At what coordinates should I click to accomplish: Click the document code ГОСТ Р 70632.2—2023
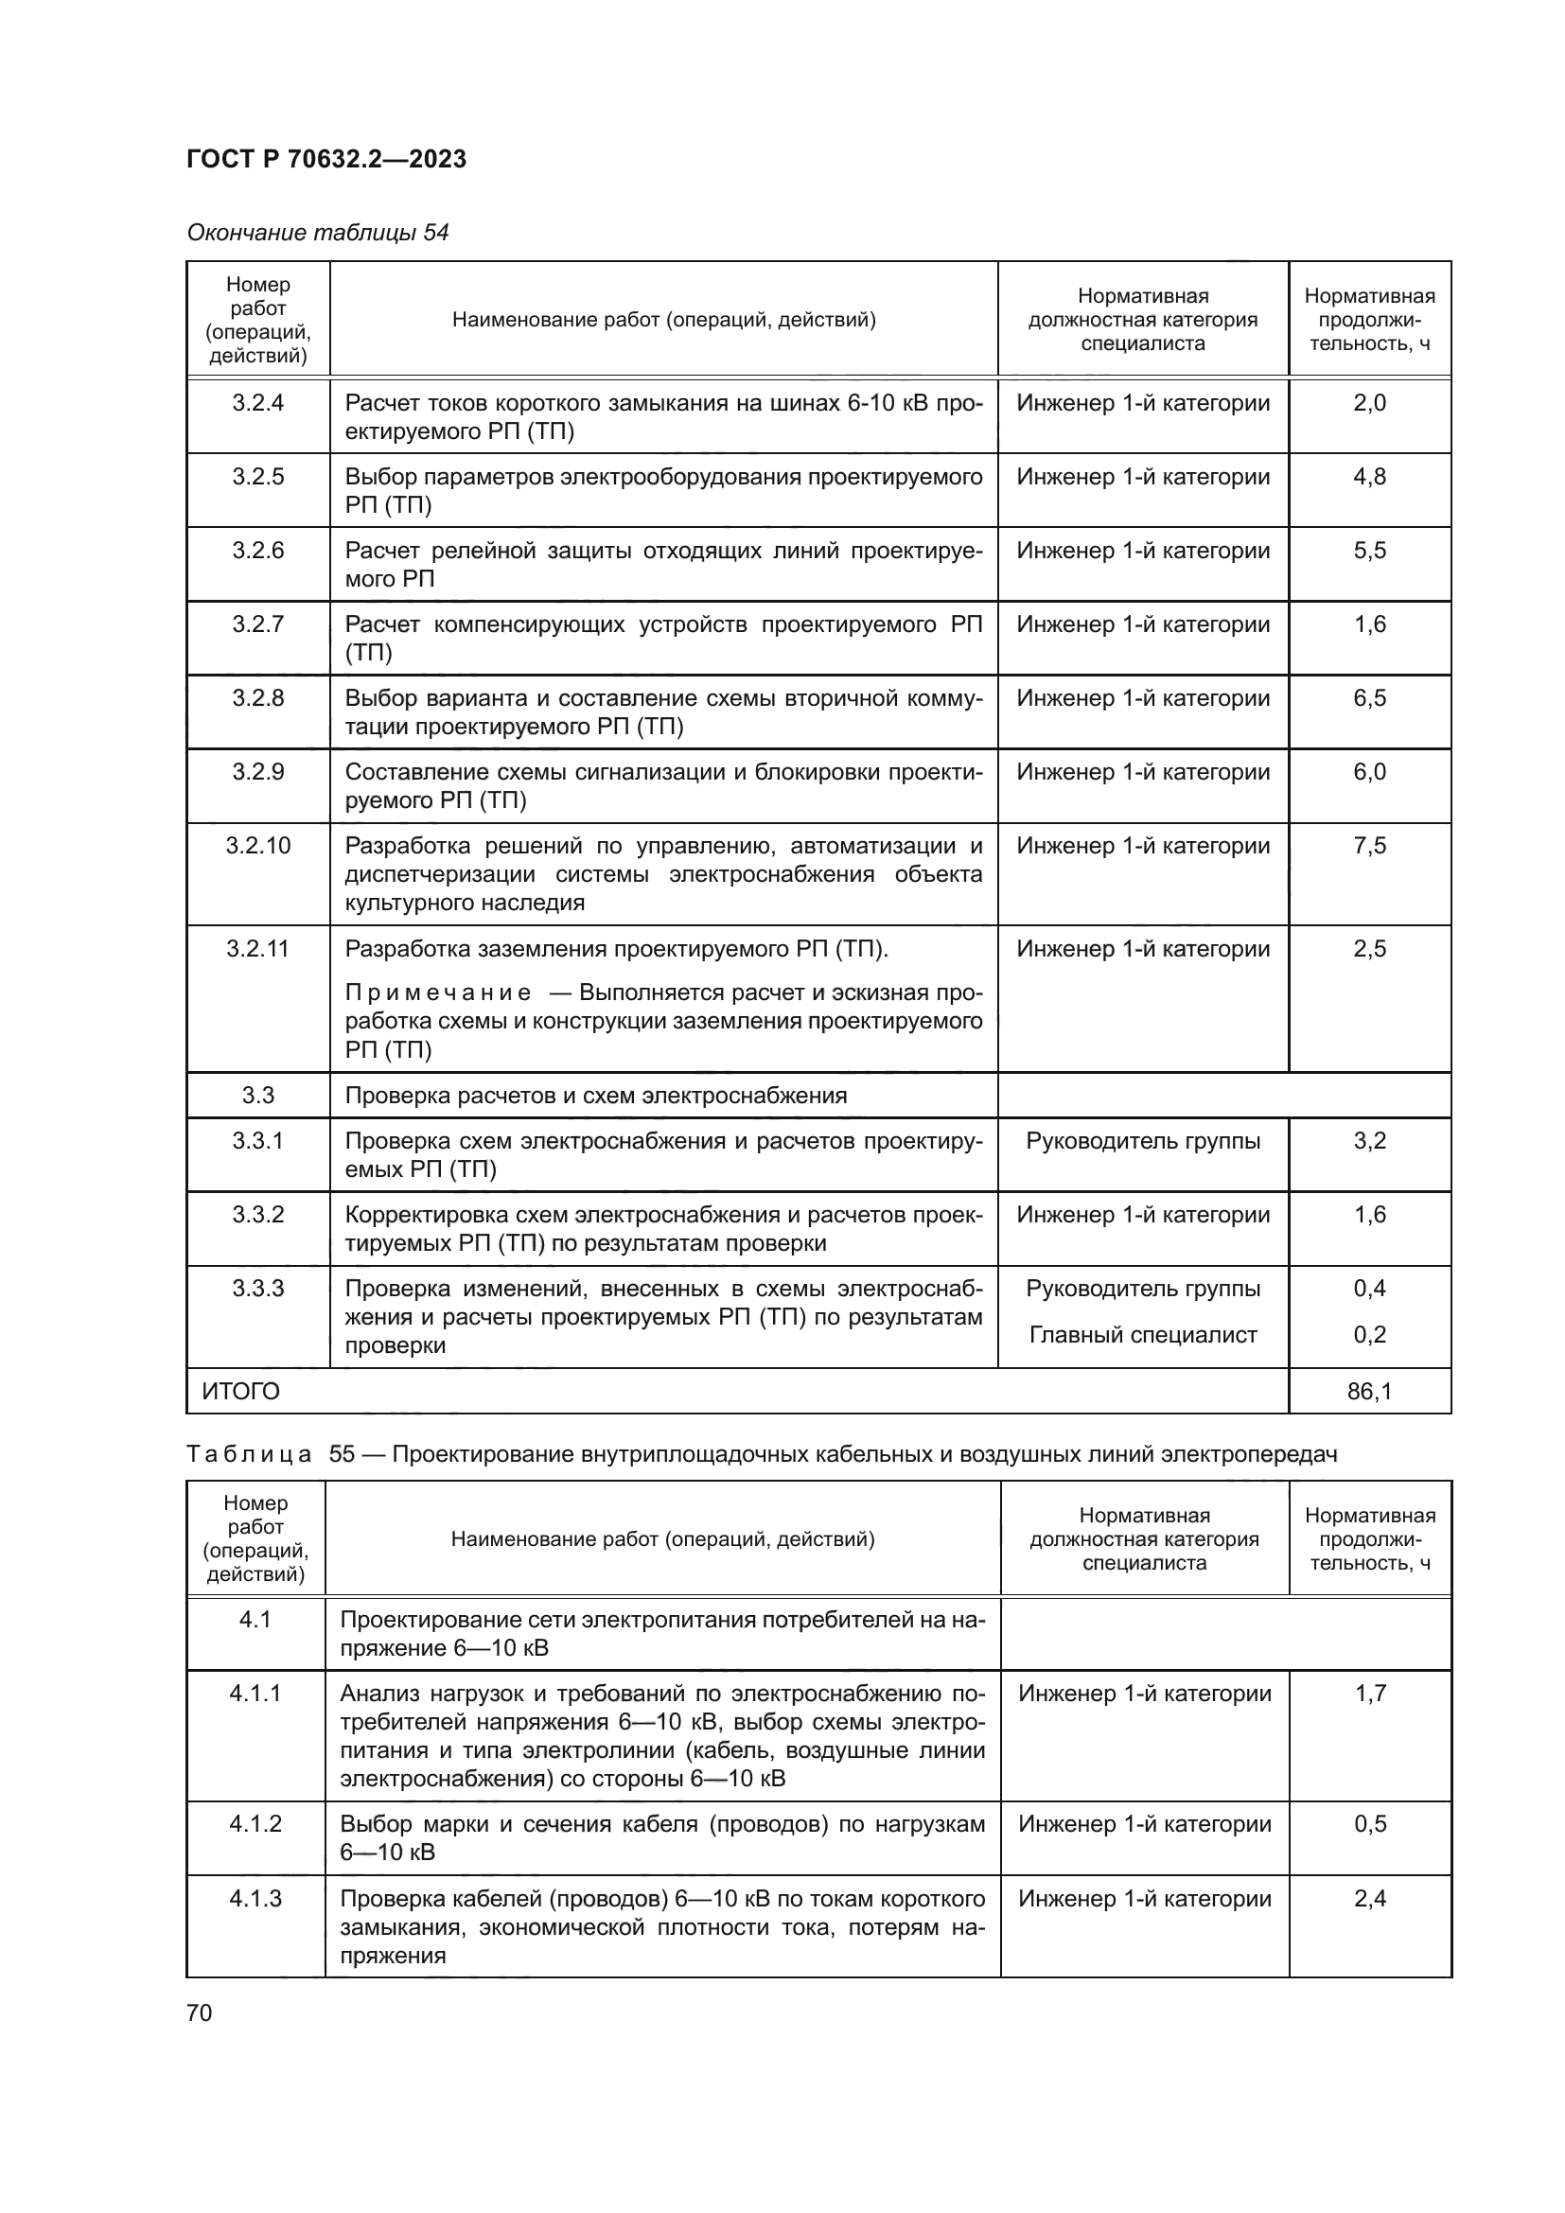(325, 159)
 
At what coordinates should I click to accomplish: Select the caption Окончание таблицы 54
(317, 233)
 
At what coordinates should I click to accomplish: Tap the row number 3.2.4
(257, 403)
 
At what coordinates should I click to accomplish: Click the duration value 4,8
(1368, 477)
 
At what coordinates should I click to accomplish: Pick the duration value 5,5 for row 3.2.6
(1368, 551)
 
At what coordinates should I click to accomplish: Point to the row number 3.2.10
(257, 845)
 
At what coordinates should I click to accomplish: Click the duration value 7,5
(1368, 845)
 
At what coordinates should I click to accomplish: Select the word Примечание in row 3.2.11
(437, 992)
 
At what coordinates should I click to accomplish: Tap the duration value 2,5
(1368, 948)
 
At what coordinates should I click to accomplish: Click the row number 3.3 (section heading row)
(257, 1095)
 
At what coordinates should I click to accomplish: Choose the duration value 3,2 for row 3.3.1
(1368, 1141)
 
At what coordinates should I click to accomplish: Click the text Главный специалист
(1143, 1335)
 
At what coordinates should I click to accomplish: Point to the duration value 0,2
(1368, 1335)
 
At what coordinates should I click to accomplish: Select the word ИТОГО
(241, 1391)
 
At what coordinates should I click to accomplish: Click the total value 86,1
(1368, 1391)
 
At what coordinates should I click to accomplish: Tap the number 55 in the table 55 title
(343, 1454)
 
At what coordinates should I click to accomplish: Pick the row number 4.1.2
(255, 1823)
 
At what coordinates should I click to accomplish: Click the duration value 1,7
(1369, 1693)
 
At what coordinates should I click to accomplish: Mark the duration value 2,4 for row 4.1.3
(1369, 1898)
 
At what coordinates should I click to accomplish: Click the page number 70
(200, 2012)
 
